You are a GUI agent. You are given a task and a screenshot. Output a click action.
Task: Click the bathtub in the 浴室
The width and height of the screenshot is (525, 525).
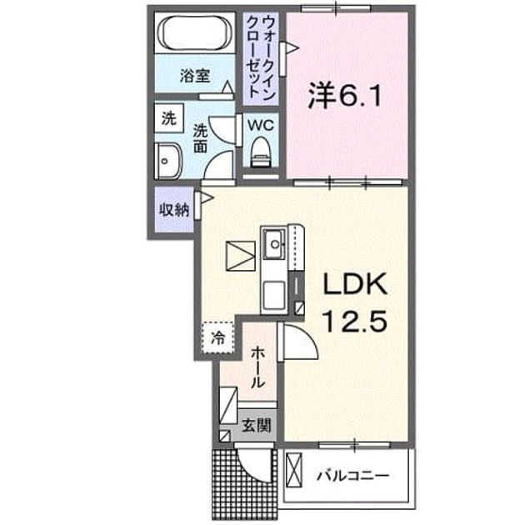click(195, 32)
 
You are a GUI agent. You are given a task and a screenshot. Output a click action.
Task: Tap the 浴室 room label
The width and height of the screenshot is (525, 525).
click(195, 76)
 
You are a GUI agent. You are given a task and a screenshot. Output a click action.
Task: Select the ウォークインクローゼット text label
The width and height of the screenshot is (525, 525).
click(261, 57)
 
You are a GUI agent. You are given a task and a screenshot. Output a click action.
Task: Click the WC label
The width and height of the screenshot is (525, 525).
click(261, 126)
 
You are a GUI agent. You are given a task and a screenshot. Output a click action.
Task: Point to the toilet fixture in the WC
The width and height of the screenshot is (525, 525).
click(261, 152)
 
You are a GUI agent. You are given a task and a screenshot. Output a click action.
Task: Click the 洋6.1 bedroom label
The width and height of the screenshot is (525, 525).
click(344, 96)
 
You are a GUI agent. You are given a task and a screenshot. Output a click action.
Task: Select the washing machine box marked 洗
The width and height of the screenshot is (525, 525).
click(169, 118)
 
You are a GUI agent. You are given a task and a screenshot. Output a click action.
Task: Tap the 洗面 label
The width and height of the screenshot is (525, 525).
click(200, 138)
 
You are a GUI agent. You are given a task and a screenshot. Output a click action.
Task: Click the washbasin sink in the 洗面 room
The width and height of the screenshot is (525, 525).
click(167, 162)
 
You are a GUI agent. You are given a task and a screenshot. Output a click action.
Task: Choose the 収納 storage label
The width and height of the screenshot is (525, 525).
click(174, 210)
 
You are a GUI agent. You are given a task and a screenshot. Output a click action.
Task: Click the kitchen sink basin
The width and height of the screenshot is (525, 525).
click(275, 243)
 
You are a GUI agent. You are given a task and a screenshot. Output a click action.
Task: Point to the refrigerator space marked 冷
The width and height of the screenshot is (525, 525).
click(218, 337)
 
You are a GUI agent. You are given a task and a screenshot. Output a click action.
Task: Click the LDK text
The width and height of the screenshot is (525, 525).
click(354, 284)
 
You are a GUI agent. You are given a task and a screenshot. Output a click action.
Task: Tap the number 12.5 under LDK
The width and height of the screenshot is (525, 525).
click(354, 320)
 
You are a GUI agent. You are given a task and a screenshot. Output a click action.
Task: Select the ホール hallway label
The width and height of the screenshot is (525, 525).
click(258, 367)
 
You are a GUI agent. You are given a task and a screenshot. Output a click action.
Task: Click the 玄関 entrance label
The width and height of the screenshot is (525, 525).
click(256, 426)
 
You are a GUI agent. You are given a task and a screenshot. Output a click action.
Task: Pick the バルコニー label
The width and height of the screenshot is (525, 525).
click(352, 476)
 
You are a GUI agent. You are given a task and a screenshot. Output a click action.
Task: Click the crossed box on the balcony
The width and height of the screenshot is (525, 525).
click(293, 470)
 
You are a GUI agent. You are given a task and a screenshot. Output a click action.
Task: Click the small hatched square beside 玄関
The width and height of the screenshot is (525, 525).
click(225, 436)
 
